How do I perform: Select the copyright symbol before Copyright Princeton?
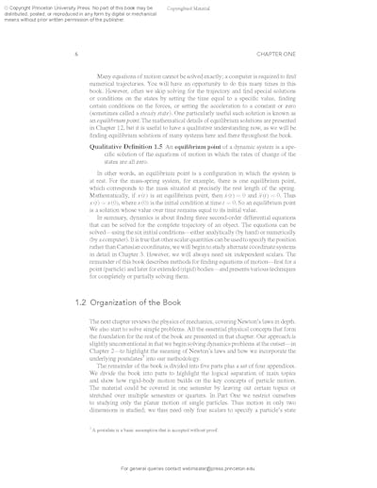(x=4, y=6)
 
